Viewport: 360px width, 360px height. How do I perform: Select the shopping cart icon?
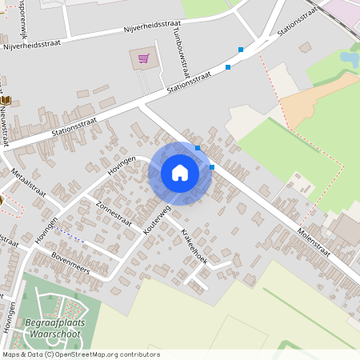coord(143,58)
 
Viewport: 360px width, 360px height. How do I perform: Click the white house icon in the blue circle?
coord(180,173)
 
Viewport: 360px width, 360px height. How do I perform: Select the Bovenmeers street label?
coord(71,262)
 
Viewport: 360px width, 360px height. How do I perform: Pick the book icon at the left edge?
coord(6,100)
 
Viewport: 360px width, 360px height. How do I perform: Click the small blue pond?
coord(350,58)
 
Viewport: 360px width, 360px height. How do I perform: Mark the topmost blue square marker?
coord(241,50)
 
